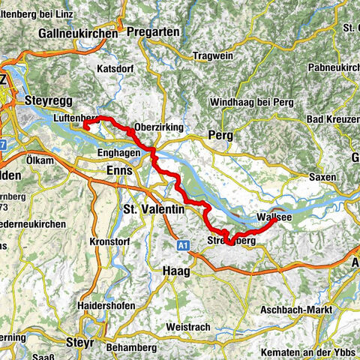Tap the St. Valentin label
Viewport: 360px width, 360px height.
(153, 209)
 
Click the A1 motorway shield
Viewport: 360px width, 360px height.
(184, 244)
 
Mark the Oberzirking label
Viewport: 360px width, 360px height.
(158, 127)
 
